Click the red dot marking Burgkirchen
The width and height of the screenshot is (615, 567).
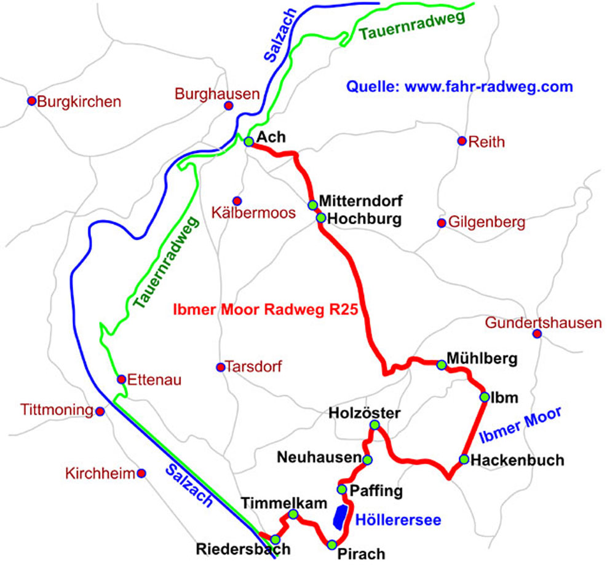click(31, 101)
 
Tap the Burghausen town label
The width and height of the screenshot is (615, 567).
click(216, 94)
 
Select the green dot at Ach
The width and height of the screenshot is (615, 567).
click(248, 141)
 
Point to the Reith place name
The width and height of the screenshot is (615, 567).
click(486, 143)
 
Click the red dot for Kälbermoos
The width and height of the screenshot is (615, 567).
click(237, 201)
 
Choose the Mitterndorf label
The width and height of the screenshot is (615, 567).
click(361, 201)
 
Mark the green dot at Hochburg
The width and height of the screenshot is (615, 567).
click(320, 217)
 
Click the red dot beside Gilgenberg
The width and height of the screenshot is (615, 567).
click(441, 222)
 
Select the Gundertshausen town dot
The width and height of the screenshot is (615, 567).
click(537, 334)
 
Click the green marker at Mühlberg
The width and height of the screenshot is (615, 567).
click(441, 364)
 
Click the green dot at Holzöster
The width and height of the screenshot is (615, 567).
click(375, 425)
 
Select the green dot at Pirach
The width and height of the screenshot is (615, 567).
click(332, 544)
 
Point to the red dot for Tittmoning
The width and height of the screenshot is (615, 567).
click(100, 410)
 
